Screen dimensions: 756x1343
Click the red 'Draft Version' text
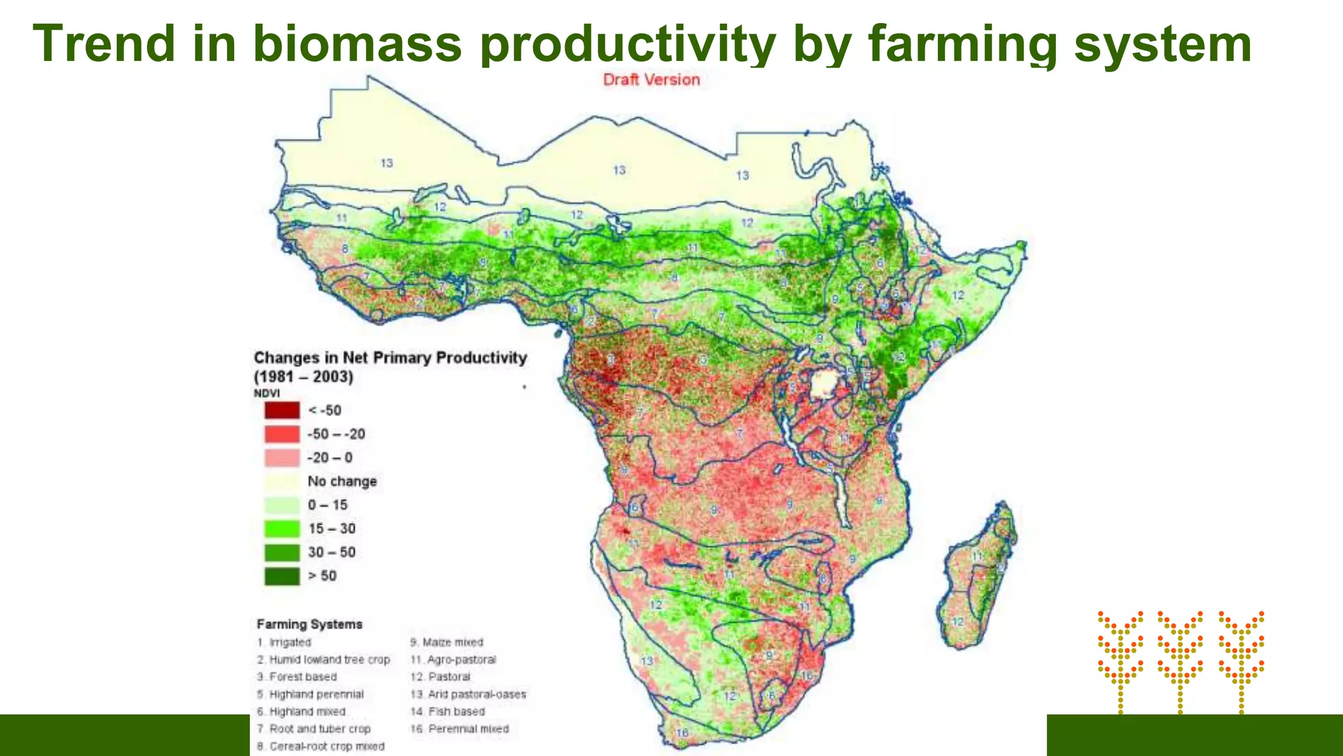pyautogui.click(x=651, y=80)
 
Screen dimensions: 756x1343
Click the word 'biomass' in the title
pyautogui.click(x=357, y=43)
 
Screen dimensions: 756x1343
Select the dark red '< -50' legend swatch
pyautogui.click(x=282, y=410)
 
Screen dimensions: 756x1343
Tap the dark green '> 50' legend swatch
pyautogui.click(x=282, y=576)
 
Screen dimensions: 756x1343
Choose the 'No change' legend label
pyautogui.click(x=342, y=481)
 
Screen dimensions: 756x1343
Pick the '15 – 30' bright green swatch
pyautogui.click(x=282, y=528)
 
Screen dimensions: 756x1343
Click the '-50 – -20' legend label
pyautogui.click(x=336, y=434)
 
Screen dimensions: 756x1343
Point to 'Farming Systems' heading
pyautogui.click(x=309, y=624)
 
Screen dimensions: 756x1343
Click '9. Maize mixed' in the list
pyautogui.click(x=447, y=642)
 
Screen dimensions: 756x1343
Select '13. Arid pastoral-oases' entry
pyautogui.click(x=468, y=694)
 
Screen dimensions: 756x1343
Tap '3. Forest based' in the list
pyautogui.click(x=297, y=677)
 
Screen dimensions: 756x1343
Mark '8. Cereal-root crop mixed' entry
pyautogui.click(x=321, y=746)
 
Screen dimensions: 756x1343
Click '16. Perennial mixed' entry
pyautogui.click(x=459, y=728)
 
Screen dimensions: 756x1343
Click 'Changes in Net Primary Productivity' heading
pyautogui.click(x=390, y=358)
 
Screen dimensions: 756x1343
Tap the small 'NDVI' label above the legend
pyautogui.click(x=266, y=393)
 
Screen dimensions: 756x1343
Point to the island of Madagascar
pyautogui.click(x=977, y=577)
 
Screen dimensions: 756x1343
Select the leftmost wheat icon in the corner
pyautogui.click(x=1120, y=660)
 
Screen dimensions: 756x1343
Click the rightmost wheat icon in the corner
pyautogui.click(x=1241, y=660)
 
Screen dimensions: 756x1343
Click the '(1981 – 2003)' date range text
pyautogui.click(x=304, y=377)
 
